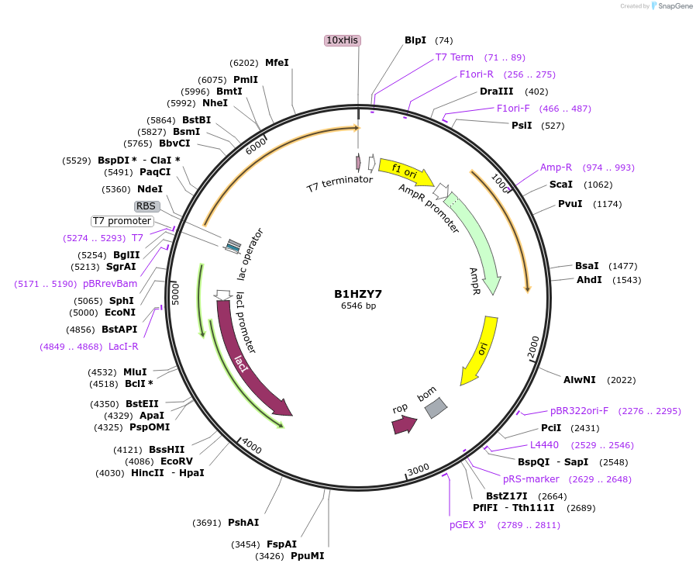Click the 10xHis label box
[x=342, y=40]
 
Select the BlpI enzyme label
[x=415, y=40]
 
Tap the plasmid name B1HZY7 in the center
[x=358, y=294]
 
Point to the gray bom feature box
[x=436, y=407]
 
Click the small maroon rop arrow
[x=404, y=424]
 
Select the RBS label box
[x=146, y=206]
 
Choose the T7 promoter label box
[x=122, y=221]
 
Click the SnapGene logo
[x=672, y=6]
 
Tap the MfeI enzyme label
[x=277, y=63]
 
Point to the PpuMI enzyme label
[x=308, y=556]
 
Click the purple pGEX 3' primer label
[x=468, y=525]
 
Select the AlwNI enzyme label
[x=580, y=379]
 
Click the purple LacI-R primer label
[x=123, y=347]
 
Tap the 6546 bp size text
[x=358, y=306]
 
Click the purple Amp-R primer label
[x=556, y=168]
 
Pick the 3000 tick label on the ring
[x=418, y=469]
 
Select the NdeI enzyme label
[x=150, y=189]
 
